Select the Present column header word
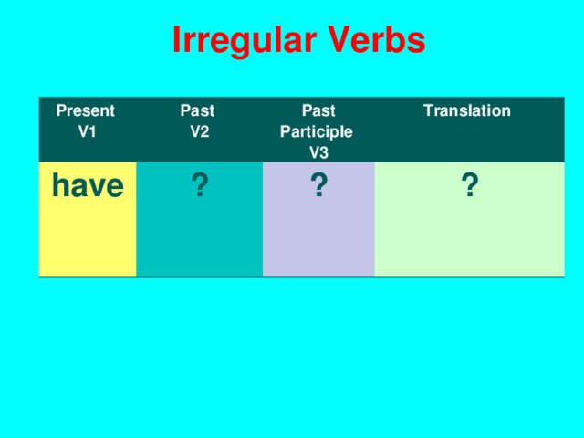coord(86,111)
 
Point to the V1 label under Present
coord(88,130)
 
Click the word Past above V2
coord(198,111)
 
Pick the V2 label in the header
coord(200,130)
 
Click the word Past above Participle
coord(318,111)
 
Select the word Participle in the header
coord(316,131)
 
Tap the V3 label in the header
coord(318,151)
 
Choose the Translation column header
coord(466,110)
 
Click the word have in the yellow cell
coord(88,186)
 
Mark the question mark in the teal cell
coord(199,189)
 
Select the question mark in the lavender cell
coord(318,187)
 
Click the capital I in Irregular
coord(176,41)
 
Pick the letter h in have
coord(60,186)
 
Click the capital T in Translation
coord(427,110)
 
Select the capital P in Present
coord(61,111)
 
